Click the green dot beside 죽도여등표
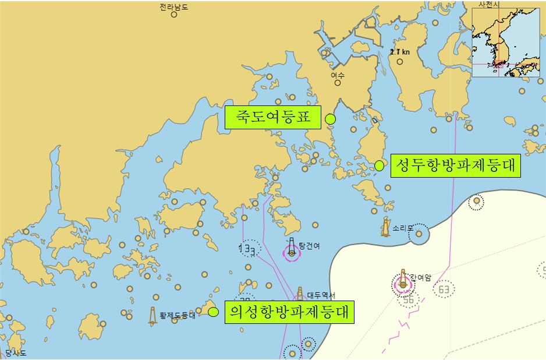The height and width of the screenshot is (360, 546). (330, 119)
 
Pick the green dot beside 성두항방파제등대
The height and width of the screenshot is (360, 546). (379, 165)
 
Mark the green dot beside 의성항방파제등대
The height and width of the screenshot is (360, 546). (213, 312)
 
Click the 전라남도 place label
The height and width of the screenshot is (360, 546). (173, 7)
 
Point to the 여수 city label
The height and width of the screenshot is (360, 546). (338, 75)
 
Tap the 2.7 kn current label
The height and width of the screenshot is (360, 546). (400, 52)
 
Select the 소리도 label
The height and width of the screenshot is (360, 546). (403, 228)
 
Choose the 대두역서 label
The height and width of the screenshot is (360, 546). (321, 295)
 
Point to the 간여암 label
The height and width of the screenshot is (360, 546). (420, 277)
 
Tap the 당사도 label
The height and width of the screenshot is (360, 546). (16, 353)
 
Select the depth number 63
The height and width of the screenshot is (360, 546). (444, 289)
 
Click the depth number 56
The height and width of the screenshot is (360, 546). (408, 300)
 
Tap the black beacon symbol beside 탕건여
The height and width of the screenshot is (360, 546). (292, 248)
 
